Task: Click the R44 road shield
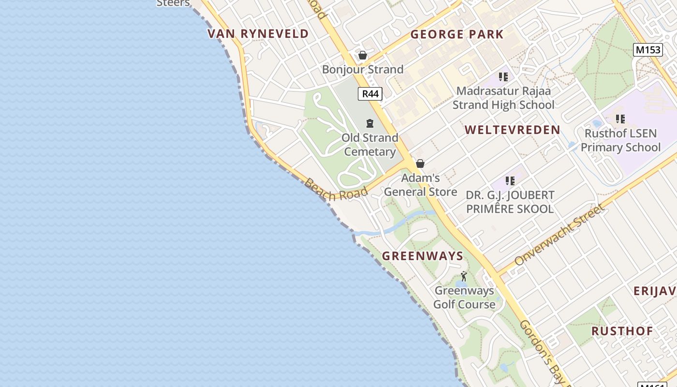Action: [x=370, y=94]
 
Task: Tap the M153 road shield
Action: [x=648, y=50]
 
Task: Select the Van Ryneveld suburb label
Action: [x=258, y=34]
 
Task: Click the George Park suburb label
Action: [x=457, y=34]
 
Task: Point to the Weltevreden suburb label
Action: [x=512, y=130]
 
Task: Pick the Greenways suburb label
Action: [x=423, y=256]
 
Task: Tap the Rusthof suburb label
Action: [x=622, y=331]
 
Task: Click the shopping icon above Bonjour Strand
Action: [x=363, y=56]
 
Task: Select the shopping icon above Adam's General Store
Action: [x=420, y=164]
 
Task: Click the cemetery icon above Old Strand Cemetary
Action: [x=370, y=123]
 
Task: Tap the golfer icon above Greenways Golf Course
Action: [x=464, y=276]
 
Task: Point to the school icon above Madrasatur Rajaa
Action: [x=503, y=77]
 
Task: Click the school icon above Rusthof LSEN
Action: [x=620, y=119]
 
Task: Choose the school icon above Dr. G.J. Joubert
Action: [x=510, y=181]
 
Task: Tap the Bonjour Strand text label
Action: [x=363, y=70]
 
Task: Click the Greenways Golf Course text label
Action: [x=464, y=298]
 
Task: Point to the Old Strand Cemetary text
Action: [x=370, y=145]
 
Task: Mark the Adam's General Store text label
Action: [x=421, y=185]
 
